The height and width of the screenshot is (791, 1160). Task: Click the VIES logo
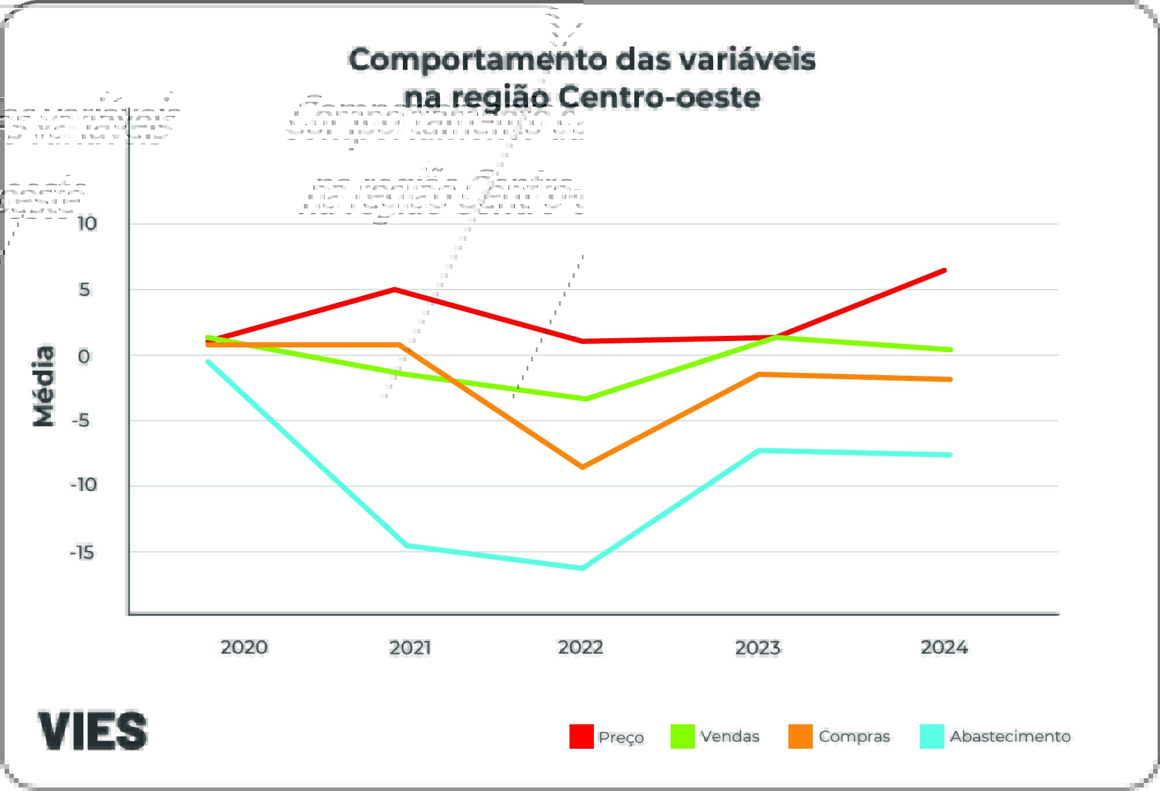click(x=93, y=731)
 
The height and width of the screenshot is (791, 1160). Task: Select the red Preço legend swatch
click(x=581, y=737)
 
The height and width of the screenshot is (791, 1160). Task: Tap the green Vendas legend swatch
click(x=682, y=737)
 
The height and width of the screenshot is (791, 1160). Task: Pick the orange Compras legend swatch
click(x=801, y=737)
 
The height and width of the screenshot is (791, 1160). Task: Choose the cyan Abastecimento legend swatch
click(x=932, y=737)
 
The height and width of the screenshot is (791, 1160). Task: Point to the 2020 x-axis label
click(x=244, y=647)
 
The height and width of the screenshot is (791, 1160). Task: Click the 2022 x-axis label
click(x=581, y=647)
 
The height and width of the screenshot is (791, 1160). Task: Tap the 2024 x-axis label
click(x=944, y=647)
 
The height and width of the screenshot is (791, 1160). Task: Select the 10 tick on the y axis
click(x=87, y=224)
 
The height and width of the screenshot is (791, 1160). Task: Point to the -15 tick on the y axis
click(x=82, y=553)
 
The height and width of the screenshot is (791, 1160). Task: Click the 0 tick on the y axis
click(x=84, y=357)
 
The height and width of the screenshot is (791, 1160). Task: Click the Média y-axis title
click(x=44, y=386)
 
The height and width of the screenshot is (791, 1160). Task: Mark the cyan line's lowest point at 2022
click(x=582, y=568)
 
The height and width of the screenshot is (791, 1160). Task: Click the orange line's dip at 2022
click(x=582, y=467)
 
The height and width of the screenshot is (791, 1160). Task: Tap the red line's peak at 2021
click(x=394, y=290)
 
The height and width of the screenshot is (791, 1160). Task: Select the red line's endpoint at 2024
click(x=944, y=270)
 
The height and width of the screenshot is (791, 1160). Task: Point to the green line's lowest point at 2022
click(x=585, y=399)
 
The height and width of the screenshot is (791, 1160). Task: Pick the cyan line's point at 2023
click(x=759, y=451)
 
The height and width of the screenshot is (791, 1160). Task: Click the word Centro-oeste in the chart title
click(x=659, y=97)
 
